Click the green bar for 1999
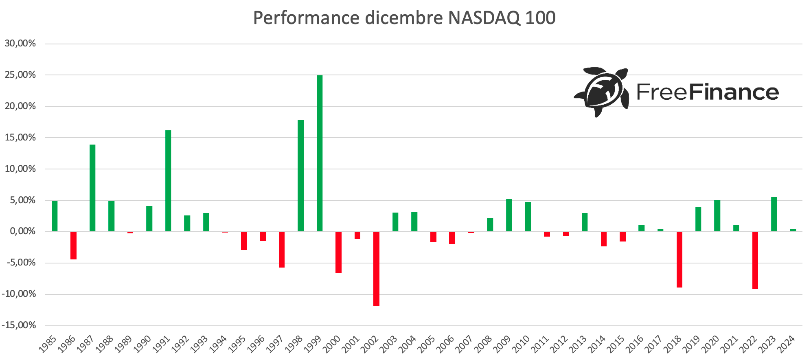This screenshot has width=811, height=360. coord(320,153)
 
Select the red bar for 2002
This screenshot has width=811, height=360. coord(376,268)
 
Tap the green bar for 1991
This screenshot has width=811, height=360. coord(168,181)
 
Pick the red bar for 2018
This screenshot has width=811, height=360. coord(679,259)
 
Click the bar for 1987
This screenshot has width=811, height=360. coord(92,188)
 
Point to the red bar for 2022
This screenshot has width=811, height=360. coord(755,260)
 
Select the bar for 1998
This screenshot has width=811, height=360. coord(300,176)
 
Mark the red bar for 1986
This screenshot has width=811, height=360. coord(73,245)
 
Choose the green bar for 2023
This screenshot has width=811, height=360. coord(774,214)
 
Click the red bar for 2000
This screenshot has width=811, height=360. coord(338,252)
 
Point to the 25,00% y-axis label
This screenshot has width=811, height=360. coord(21,75)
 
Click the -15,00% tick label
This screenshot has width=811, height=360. coord(19,325)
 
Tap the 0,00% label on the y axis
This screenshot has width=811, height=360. coord(22,231)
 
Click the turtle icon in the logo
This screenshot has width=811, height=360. coord(601,91)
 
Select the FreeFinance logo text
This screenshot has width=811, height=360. coord(708,92)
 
